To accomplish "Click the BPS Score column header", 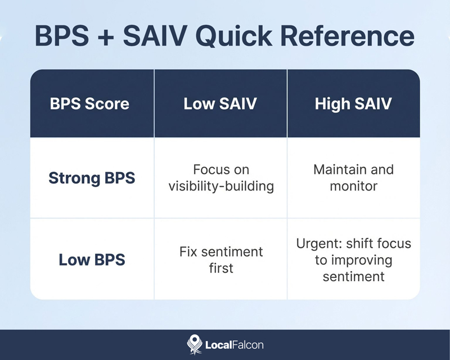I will click(x=89, y=104).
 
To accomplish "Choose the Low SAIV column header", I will click(x=220, y=104).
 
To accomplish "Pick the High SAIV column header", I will click(x=353, y=104).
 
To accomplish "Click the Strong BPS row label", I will click(x=92, y=178).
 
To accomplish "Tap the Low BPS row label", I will click(x=92, y=260).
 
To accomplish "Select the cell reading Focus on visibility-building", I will click(x=221, y=178).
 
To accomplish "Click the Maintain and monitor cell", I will click(x=353, y=178).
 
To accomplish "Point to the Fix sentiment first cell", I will click(x=221, y=260).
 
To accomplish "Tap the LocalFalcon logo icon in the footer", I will click(x=193, y=344).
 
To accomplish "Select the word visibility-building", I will click(x=221, y=187).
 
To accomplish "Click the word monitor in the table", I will click(x=353, y=186).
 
